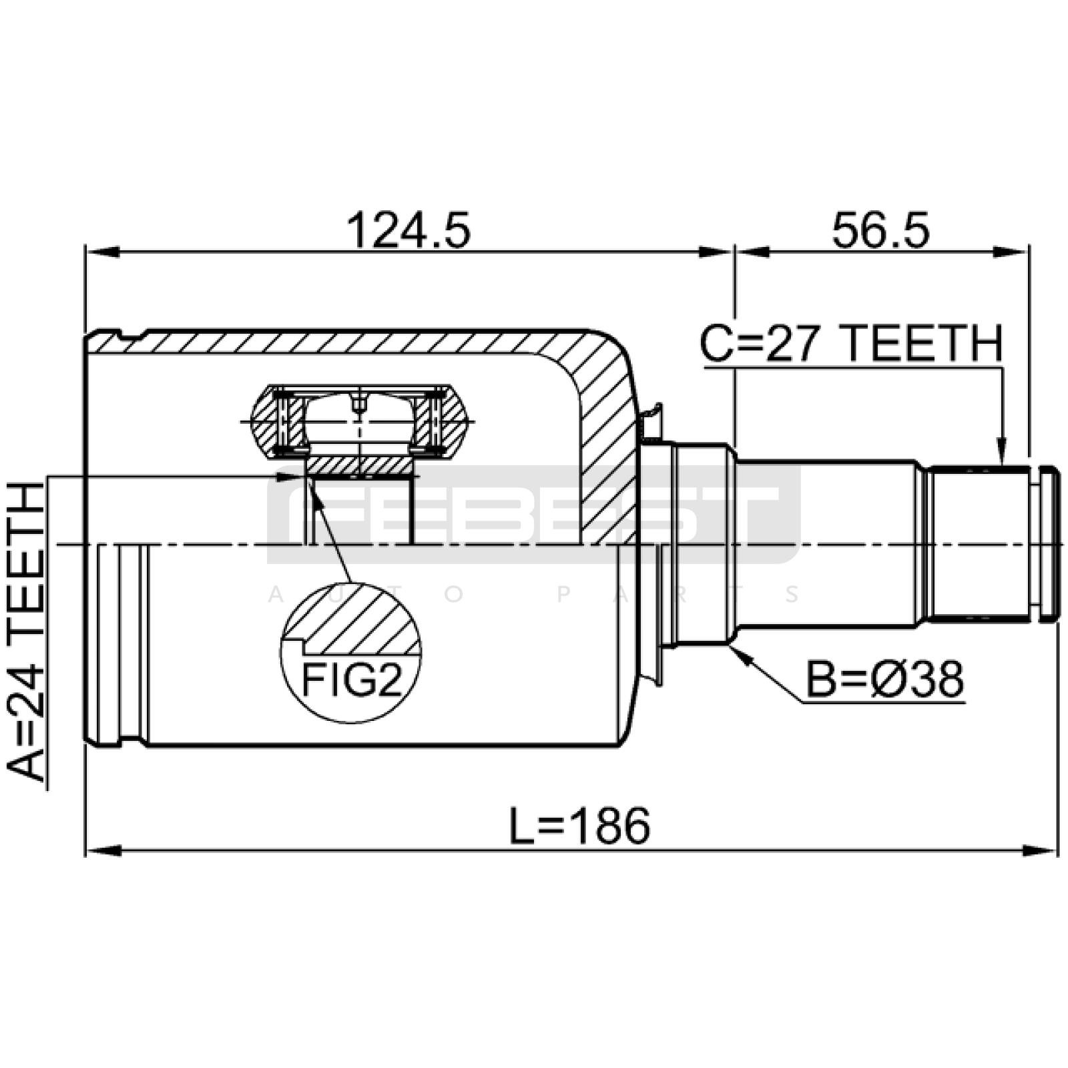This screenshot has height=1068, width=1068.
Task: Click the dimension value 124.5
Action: (x=408, y=231)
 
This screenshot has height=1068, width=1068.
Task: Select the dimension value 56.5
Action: (x=880, y=231)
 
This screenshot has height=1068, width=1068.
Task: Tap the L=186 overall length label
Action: (x=579, y=826)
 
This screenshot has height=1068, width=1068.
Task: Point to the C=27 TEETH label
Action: (x=851, y=344)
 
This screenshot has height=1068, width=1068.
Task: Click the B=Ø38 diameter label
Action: (x=885, y=680)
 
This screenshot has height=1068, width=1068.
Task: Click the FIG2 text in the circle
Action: (x=352, y=680)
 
